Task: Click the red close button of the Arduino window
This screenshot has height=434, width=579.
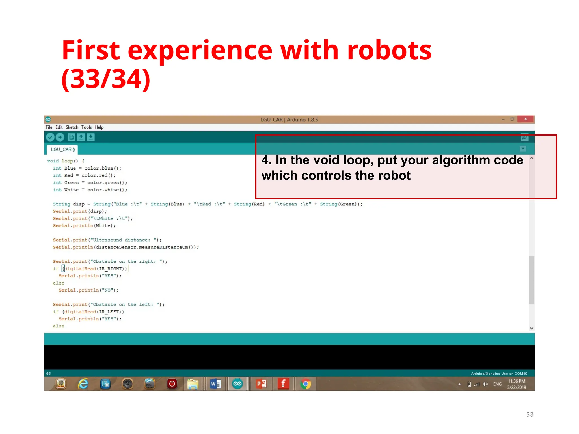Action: (525, 119)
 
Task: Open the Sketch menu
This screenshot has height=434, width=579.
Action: (72, 127)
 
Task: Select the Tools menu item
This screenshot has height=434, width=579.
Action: (87, 127)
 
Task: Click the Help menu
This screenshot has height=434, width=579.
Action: (99, 127)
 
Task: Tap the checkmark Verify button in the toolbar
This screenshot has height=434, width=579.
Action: (50, 137)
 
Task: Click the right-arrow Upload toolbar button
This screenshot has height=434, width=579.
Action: (60, 137)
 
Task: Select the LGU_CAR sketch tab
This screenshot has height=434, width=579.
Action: (62, 149)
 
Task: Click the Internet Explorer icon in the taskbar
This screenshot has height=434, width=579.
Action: (83, 384)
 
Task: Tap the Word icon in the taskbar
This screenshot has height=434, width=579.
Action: (215, 384)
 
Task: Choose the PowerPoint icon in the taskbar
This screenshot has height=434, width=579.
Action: (261, 384)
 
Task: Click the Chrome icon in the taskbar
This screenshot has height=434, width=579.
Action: (305, 384)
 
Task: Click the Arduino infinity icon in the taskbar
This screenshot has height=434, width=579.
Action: (237, 384)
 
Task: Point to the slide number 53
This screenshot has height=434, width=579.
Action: (530, 414)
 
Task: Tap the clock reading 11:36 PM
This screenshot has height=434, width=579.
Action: (517, 381)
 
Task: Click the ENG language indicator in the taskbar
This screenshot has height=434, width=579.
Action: (497, 384)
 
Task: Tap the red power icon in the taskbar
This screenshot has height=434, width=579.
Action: (172, 384)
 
